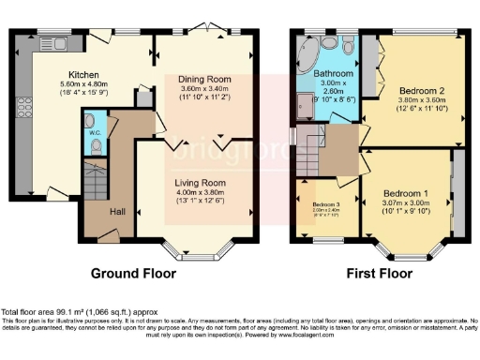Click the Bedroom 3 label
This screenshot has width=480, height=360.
point(326,203)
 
